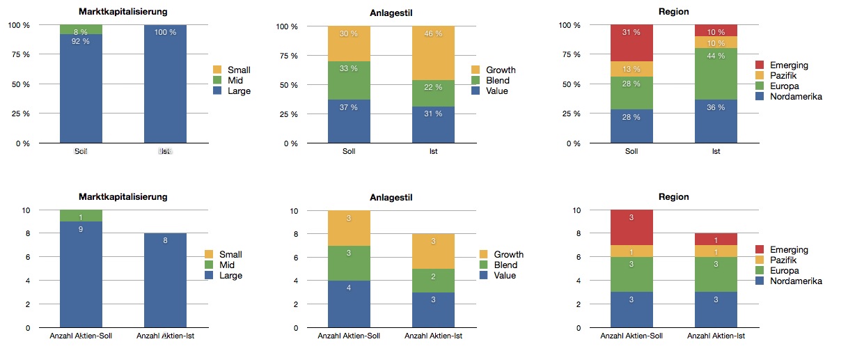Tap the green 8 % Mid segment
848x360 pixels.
tap(81, 29)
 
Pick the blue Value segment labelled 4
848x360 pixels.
tap(349, 304)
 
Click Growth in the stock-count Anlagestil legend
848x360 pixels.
tap(508, 254)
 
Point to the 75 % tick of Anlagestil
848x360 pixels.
tap(289, 56)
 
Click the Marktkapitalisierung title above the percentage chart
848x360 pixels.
tap(122, 12)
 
